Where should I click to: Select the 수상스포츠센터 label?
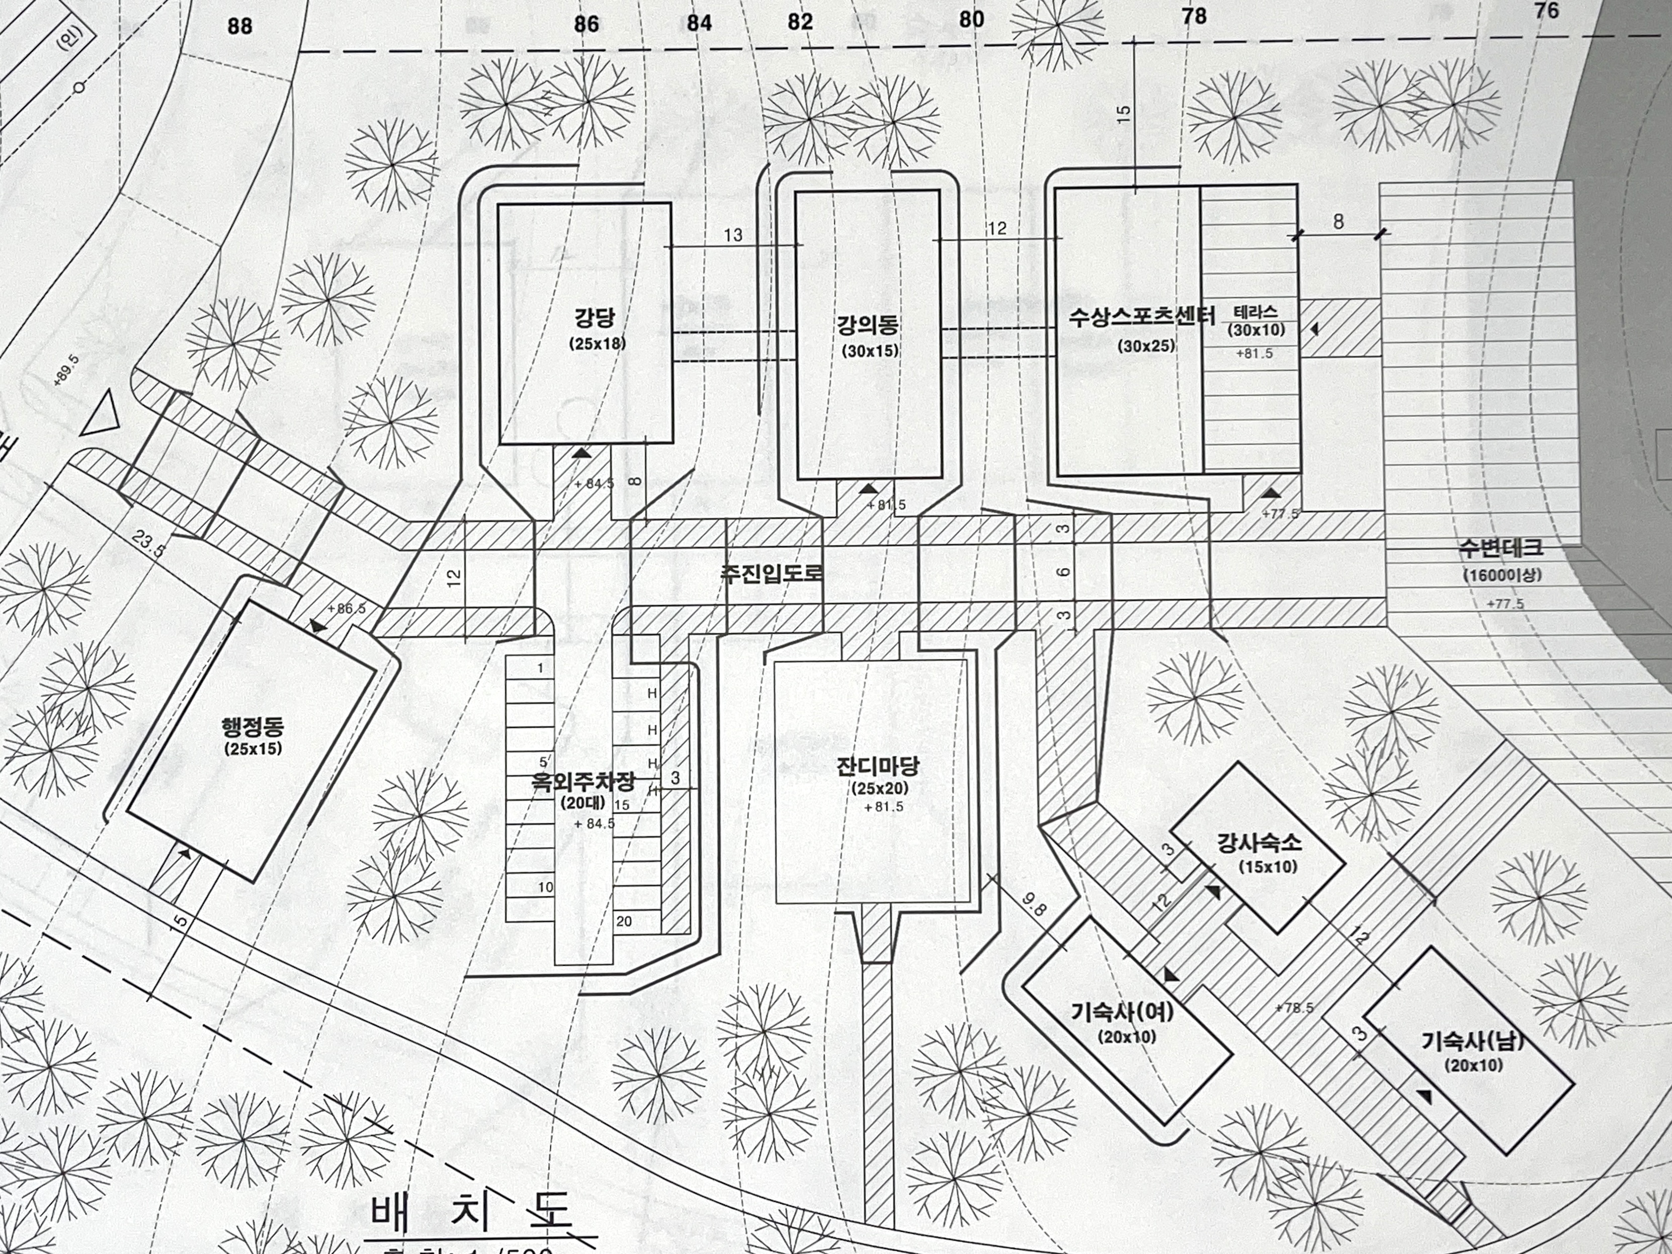[x=1141, y=317]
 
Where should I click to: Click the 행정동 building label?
[x=253, y=727]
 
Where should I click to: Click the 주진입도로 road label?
[x=771, y=573]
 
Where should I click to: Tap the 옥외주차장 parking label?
[x=583, y=782]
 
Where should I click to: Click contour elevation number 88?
[x=239, y=27]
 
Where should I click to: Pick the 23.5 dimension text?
[x=148, y=543]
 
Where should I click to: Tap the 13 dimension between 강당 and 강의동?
[x=732, y=235]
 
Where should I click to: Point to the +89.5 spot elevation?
[x=66, y=370]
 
